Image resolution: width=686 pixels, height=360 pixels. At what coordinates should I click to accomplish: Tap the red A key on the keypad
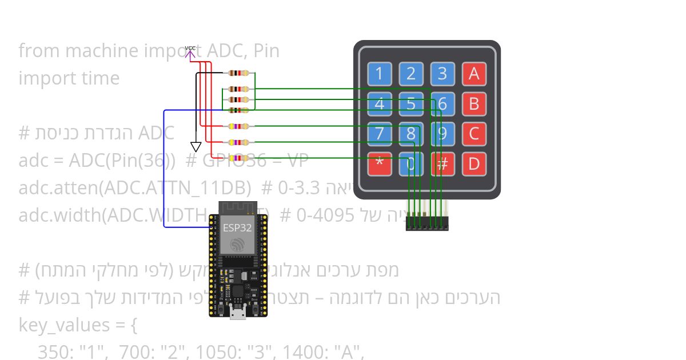pyautogui.click(x=474, y=74)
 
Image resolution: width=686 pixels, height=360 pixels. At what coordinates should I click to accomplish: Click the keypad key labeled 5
pyautogui.click(x=410, y=104)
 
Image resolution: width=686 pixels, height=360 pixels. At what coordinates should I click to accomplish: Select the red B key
pyautogui.click(x=474, y=104)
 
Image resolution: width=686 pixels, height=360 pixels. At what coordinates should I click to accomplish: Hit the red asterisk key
pyautogui.click(x=380, y=164)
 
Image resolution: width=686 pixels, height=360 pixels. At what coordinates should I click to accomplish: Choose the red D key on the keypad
pyautogui.click(x=474, y=164)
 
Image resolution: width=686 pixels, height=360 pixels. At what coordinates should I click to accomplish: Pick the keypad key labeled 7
pyautogui.click(x=380, y=134)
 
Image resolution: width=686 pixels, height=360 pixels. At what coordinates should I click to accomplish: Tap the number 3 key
pyautogui.click(x=442, y=74)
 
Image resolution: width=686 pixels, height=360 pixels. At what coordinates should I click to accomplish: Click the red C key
pyautogui.click(x=474, y=134)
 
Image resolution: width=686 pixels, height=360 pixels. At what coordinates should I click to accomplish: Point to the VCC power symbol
pyautogui.click(x=190, y=51)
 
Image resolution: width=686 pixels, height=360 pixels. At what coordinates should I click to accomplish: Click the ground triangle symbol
pyautogui.click(x=196, y=146)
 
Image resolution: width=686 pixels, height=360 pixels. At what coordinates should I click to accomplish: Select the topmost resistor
pyautogui.click(x=238, y=73)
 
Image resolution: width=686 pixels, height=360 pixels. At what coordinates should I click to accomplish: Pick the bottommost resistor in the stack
pyautogui.click(x=238, y=158)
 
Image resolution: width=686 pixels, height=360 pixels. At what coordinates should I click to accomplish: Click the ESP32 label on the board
pyautogui.click(x=237, y=227)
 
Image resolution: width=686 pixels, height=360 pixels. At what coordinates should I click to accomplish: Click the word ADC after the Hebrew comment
pyautogui.click(x=157, y=133)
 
